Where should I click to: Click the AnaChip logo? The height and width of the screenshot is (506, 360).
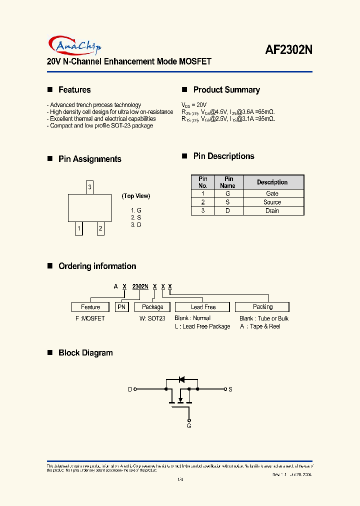pyautogui.click(x=75, y=45)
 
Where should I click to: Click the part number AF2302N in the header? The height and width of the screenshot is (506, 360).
pyautogui.click(x=288, y=50)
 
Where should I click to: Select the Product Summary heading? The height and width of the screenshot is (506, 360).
pyautogui.click(x=226, y=90)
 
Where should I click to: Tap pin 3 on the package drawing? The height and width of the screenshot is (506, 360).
pyautogui.click(x=89, y=187)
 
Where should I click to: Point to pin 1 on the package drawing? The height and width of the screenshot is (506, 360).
pyautogui.click(x=78, y=229)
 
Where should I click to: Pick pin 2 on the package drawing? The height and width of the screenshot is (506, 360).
pyautogui.click(x=100, y=229)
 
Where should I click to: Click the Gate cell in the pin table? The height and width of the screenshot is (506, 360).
pyautogui.click(x=272, y=193)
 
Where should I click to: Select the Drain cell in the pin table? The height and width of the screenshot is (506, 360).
pyautogui.click(x=272, y=211)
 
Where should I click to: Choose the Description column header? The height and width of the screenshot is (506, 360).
pyautogui.click(x=272, y=182)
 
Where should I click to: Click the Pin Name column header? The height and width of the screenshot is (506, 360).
pyautogui.click(x=228, y=182)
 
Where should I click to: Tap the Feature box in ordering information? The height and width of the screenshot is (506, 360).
pyautogui.click(x=90, y=307)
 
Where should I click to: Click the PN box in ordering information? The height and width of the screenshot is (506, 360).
pyautogui.click(x=122, y=307)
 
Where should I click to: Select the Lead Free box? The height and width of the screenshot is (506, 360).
pyautogui.click(x=203, y=307)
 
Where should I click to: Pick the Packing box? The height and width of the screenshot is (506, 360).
pyautogui.click(x=262, y=307)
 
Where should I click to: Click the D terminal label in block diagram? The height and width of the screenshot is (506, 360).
pyautogui.click(x=130, y=389)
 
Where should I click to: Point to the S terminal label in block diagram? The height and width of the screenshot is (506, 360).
pyautogui.click(x=230, y=389)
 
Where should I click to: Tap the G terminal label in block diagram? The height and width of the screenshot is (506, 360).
pyautogui.click(x=189, y=426)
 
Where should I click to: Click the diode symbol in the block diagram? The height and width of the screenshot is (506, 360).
pyautogui.click(x=182, y=378)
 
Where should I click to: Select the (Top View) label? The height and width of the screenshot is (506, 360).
pyautogui.click(x=136, y=196)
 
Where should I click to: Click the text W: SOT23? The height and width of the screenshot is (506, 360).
pyautogui.click(x=152, y=318)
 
